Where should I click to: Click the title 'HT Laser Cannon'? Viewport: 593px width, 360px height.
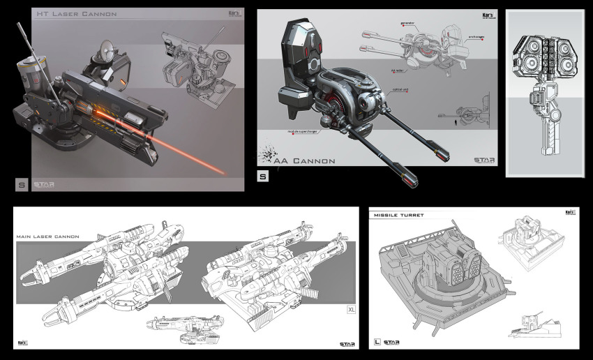click(77, 14)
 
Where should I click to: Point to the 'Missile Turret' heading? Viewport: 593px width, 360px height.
click(399, 215)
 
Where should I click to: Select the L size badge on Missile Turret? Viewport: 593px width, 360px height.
click(377, 342)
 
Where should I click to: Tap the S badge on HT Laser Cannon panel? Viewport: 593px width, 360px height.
click(21, 184)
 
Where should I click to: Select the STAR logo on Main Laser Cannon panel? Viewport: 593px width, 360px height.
click(347, 343)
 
